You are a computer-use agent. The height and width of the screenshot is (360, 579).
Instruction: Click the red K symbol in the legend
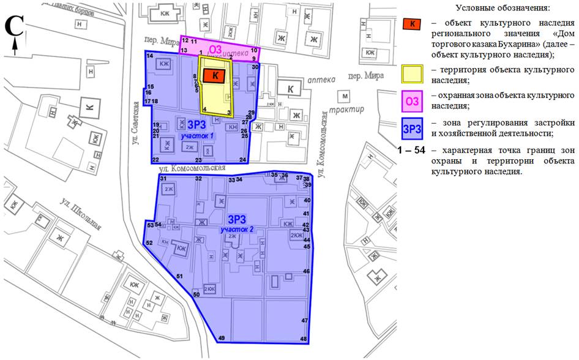pyautogui.click(x=413, y=24)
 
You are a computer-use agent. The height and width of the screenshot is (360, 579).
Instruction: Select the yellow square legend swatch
pyautogui.click(x=414, y=74)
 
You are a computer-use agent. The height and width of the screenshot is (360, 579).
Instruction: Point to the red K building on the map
pyautogui.click(x=214, y=75)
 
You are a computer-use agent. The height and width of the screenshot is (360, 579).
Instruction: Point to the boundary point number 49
pyautogui.click(x=222, y=338)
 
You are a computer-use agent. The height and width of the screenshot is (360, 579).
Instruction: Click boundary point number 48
pyautogui.click(x=304, y=339)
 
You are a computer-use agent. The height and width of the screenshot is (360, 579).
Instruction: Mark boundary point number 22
pyautogui.click(x=156, y=159)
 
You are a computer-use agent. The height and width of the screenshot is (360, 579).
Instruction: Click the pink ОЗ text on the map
pyautogui.click(x=215, y=49)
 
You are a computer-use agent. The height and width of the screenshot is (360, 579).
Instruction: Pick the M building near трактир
pyautogui.click(x=345, y=97)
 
